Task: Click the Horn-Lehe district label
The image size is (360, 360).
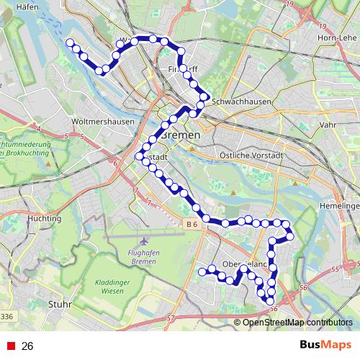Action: [x=338, y=37]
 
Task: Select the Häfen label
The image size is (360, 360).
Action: [x=27, y=6]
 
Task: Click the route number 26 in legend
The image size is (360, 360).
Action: [x=27, y=346]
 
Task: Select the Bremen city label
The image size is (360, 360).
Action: [x=180, y=136]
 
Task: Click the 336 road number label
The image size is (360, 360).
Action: [x=6, y=316]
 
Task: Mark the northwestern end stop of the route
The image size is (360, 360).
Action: [x=71, y=43]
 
